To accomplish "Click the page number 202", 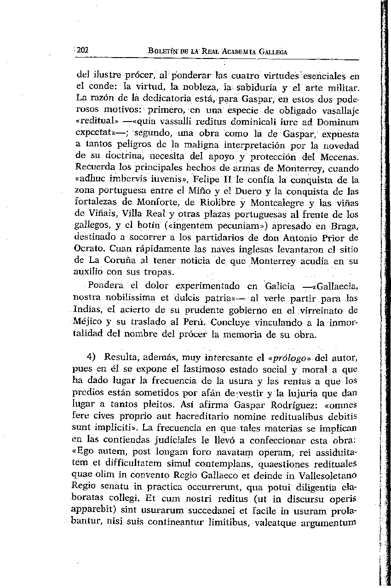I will pyautogui.click(x=82, y=51).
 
